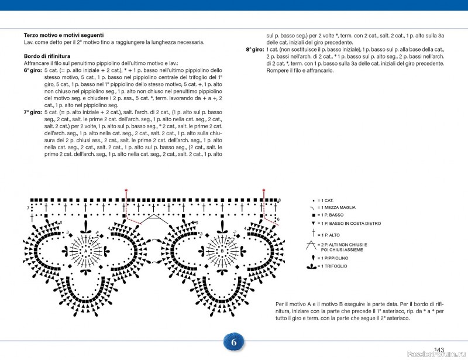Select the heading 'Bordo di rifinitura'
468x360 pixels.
coord(47,56)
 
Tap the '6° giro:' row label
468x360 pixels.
coord(32,70)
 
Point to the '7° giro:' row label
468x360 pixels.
coord(32,111)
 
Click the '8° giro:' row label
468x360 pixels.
coord(255,49)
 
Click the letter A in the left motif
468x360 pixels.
coord(85,251)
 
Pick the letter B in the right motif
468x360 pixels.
coord(222,251)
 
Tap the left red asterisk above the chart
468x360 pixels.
coord(126,190)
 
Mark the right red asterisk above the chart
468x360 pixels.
coord(264,190)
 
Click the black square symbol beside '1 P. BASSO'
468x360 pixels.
coord(313,215)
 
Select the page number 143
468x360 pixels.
coord(439,349)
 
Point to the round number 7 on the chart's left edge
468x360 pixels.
coord(27,208)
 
